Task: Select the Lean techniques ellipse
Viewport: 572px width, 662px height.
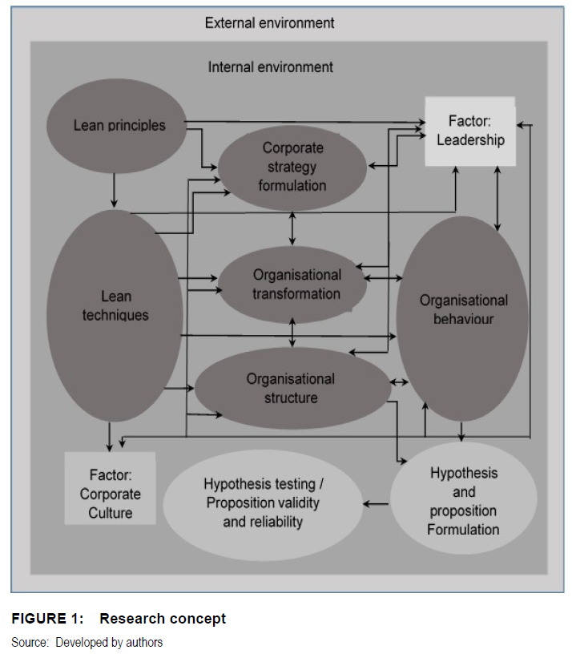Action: pos(115,305)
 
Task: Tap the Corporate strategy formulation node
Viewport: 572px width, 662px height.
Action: pos(292,167)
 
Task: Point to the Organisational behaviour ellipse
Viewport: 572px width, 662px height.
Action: pos(463,311)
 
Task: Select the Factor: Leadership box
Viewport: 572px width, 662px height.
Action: pos(469,131)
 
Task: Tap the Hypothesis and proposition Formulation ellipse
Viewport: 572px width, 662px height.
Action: pos(463,500)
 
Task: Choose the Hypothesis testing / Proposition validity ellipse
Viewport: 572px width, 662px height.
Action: pos(264,503)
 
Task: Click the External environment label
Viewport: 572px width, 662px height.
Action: pos(269,22)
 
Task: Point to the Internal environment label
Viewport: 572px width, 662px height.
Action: pos(270,67)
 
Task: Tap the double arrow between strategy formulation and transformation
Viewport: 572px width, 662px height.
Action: pos(292,228)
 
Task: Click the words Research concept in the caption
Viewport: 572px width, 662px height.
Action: pos(163,618)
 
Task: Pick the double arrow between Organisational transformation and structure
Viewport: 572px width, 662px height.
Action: pos(293,332)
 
